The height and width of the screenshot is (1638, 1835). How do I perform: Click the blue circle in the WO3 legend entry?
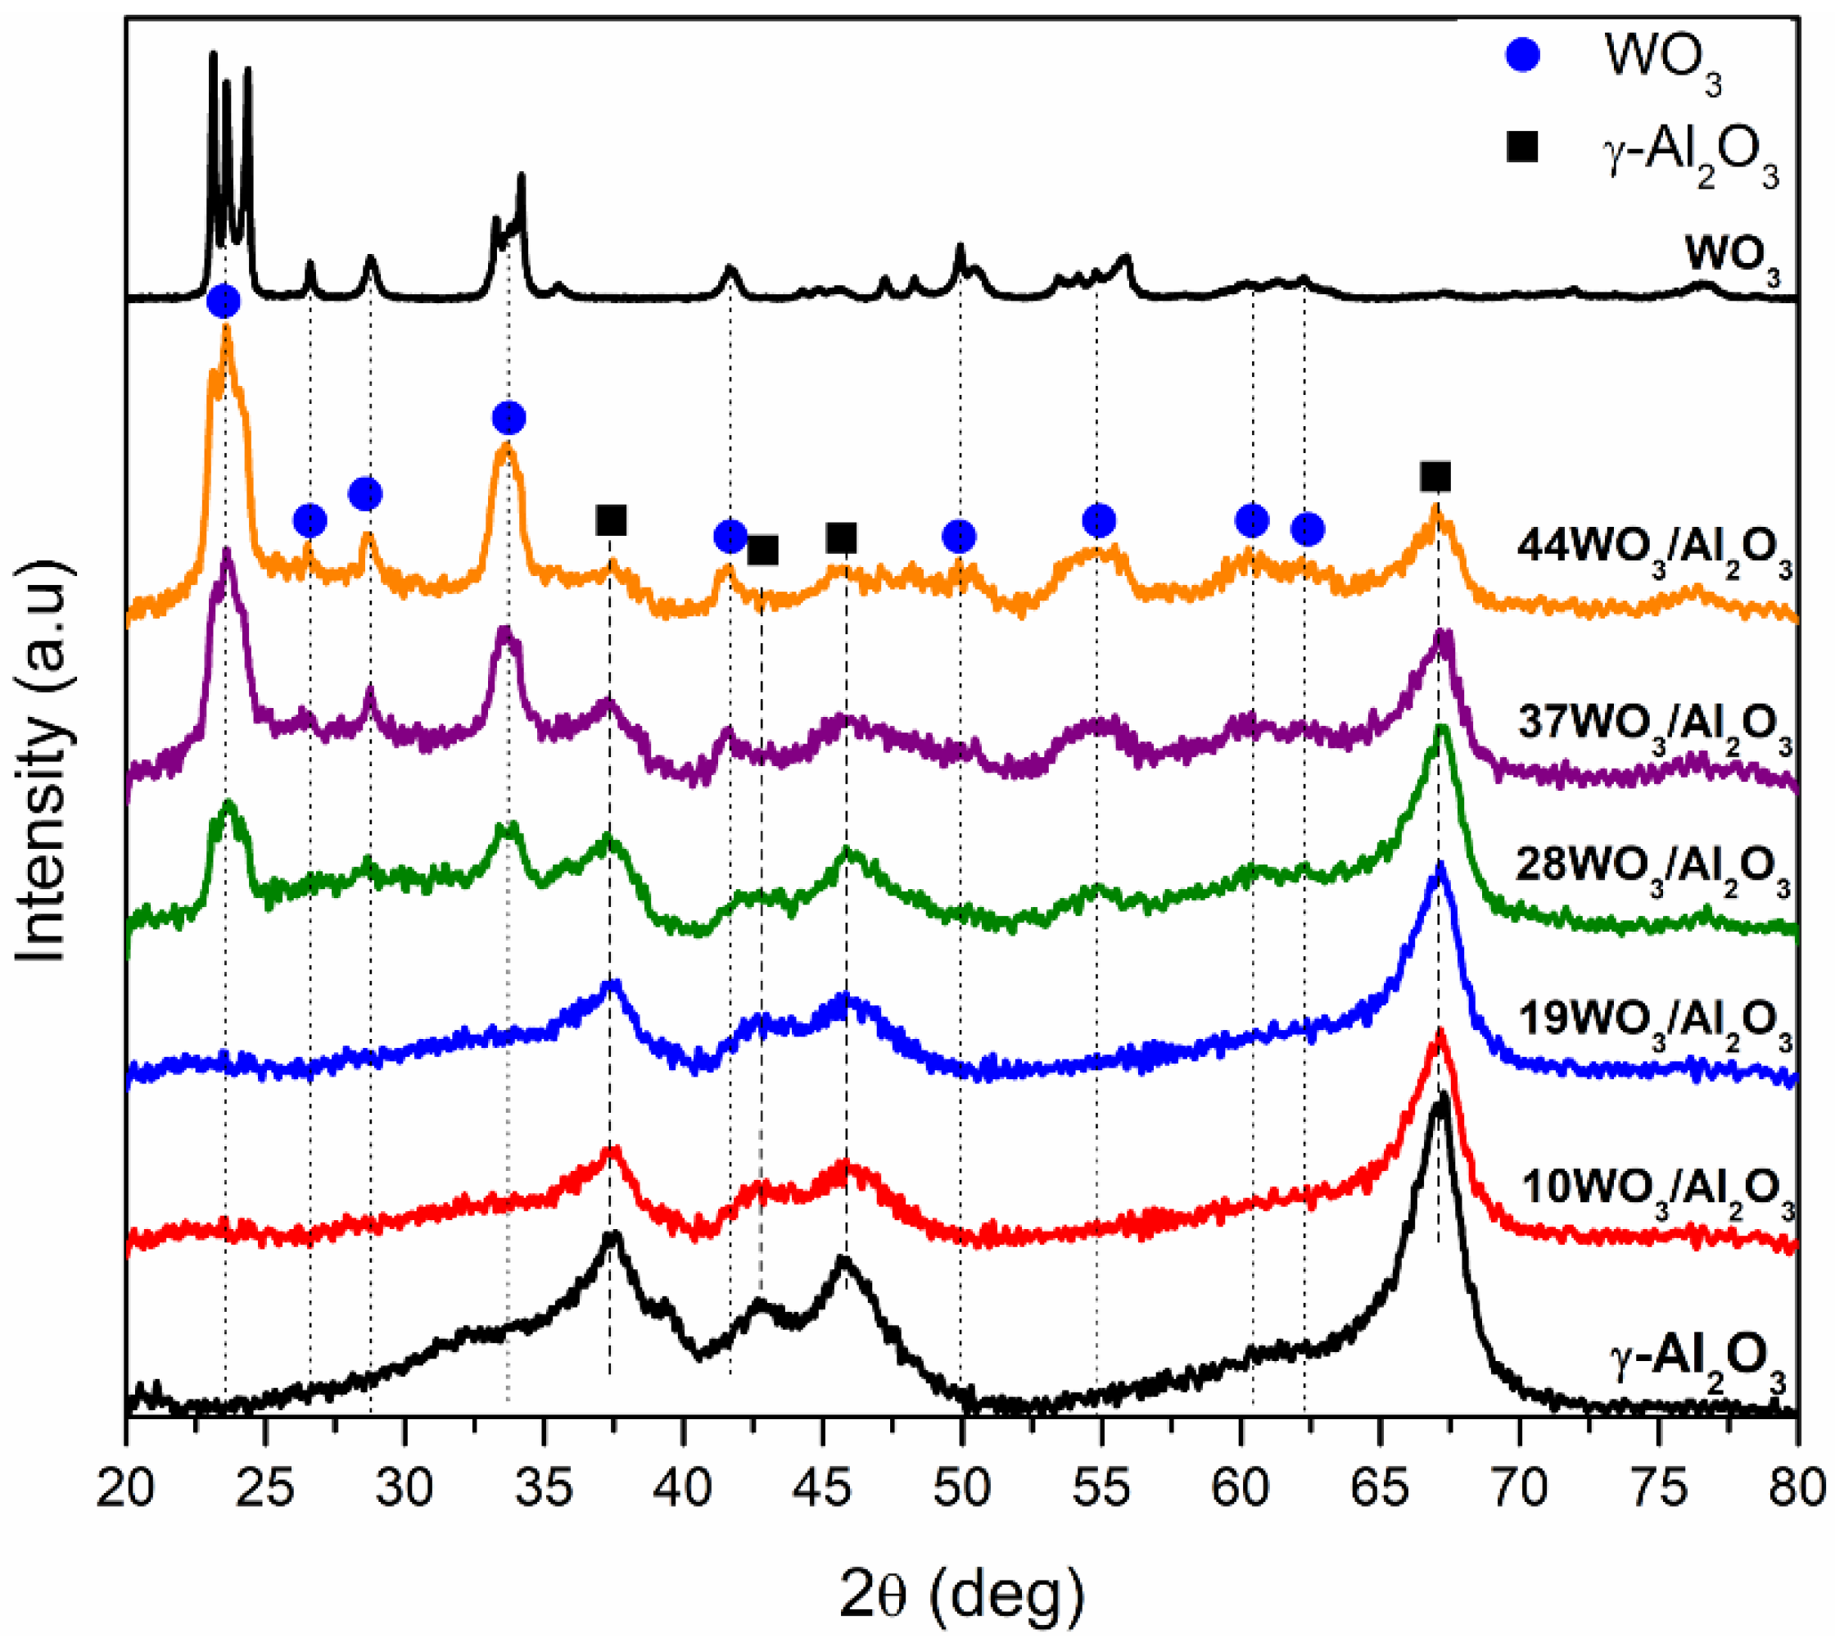coord(1523,56)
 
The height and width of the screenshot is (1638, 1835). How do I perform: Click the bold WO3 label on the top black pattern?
coord(1732,256)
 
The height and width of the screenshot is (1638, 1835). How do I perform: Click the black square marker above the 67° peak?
coord(1435,476)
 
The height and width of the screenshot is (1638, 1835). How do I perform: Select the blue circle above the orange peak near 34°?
coord(509,418)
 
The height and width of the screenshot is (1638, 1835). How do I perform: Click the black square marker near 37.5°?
coord(611,520)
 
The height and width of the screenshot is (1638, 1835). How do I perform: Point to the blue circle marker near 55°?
coord(1099,520)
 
